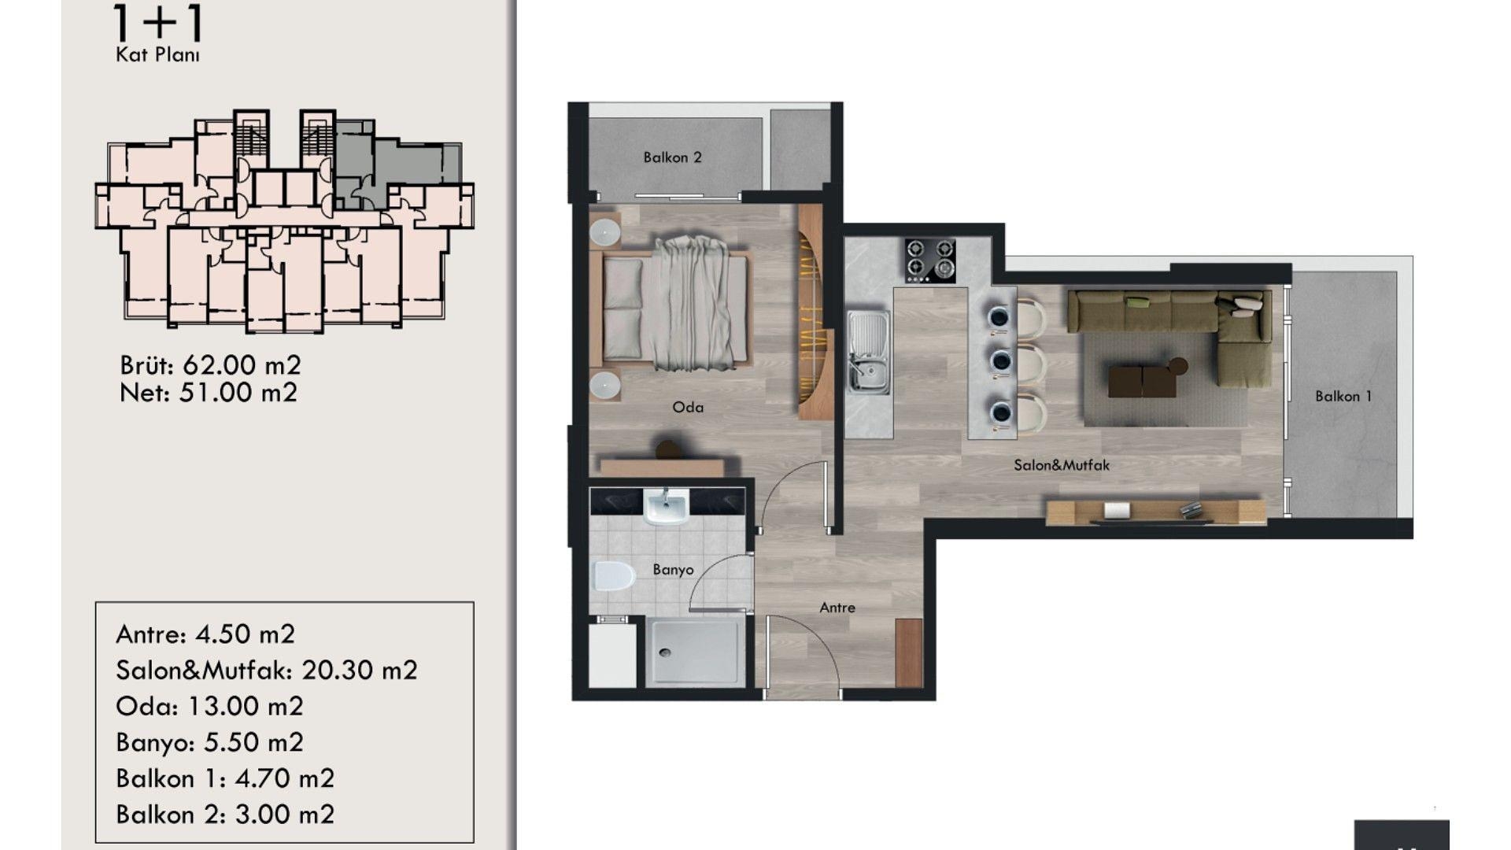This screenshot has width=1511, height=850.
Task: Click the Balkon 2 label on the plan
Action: [672, 157]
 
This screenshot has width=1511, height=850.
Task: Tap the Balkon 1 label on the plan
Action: [1343, 397]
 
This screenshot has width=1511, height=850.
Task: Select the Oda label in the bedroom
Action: [688, 408]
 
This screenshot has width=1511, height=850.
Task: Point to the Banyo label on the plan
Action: [673, 570]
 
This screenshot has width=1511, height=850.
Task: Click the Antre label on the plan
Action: [837, 608]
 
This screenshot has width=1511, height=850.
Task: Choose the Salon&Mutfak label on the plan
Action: [1062, 465]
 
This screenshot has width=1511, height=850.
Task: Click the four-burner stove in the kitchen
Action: [930, 261]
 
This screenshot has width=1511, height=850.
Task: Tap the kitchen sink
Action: [869, 352]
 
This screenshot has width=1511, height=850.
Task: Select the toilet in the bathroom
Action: [613, 577]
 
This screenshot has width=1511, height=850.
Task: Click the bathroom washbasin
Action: [666, 505]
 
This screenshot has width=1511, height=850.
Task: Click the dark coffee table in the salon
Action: [1141, 382]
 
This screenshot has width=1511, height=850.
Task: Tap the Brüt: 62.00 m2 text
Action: [210, 365]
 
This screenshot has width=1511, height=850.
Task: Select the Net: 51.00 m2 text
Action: [209, 393]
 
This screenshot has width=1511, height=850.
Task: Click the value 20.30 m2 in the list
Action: [360, 671]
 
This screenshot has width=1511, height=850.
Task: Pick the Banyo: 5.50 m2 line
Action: [209, 743]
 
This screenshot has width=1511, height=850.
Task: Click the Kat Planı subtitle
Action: [157, 55]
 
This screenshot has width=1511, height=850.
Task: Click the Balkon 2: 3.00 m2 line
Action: [225, 815]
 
